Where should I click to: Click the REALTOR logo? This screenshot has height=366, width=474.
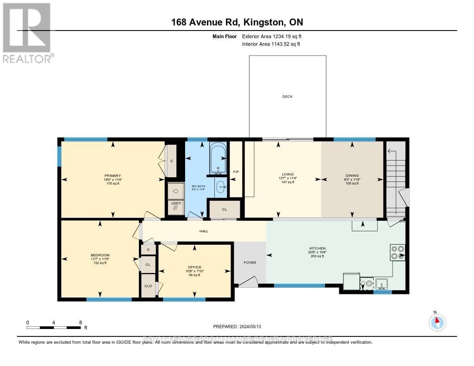(x=27, y=32)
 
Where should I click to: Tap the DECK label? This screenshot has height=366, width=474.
(x=287, y=97)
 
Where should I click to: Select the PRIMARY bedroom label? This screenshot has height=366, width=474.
(x=112, y=176)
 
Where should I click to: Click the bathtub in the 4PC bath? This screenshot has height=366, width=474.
(x=218, y=158)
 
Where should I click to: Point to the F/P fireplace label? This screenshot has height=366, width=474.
(x=236, y=172)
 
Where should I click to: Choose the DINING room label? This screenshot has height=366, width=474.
(x=352, y=174)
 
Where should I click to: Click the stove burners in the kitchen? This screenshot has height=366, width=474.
(x=398, y=252)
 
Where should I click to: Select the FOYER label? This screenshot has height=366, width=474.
(x=250, y=262)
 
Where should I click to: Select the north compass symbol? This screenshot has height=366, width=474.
(x=437, y=322)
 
